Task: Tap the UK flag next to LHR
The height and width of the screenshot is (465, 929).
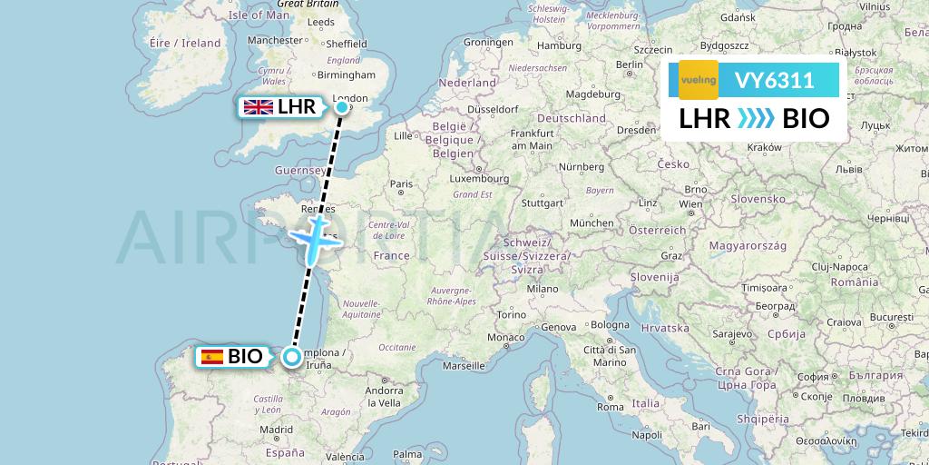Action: (x=259, y=107)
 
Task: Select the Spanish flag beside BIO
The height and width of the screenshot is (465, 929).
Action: (x=212, y=357)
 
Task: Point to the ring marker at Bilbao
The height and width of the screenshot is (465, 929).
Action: (x=292, y=357)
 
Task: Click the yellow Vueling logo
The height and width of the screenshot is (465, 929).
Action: (x=699, y=80)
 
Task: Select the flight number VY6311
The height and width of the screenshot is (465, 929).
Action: (x=774, y=81)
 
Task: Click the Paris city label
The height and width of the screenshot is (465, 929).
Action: (x=401, y=183)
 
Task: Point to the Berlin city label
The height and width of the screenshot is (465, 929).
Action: (x=629, y=65)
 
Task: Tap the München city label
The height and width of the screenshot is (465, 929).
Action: (x=592, y=223)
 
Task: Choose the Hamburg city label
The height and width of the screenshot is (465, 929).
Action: (x=559, y=45)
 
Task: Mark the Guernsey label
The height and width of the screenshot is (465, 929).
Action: (x=299, y=170)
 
